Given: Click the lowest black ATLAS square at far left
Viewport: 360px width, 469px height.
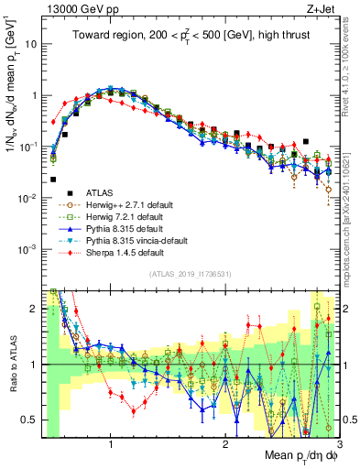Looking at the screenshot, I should point(53,180).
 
